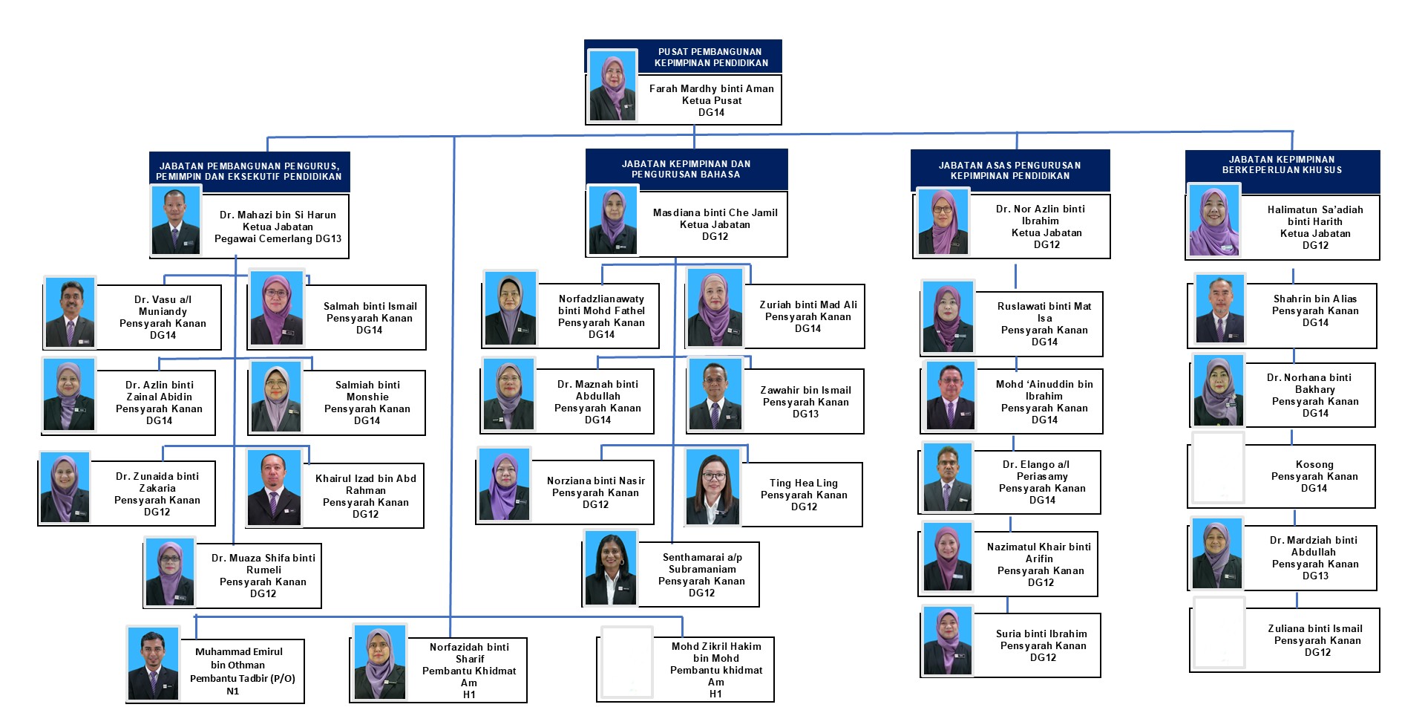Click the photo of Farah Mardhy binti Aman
coord(612,86)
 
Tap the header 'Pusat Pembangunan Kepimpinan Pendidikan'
coord(711,57)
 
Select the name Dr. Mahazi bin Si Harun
coord(278,215)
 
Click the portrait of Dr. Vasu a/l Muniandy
coord(70,313)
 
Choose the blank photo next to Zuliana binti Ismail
coord(1219,634)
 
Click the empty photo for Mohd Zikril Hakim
coord(626,662)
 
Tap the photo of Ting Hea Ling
coord(712,487)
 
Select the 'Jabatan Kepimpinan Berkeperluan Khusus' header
coord(1282,165)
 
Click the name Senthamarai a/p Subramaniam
coord(701,563)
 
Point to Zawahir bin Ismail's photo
coord(715,394)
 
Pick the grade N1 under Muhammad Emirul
coord(233,691)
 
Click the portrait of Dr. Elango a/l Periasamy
coord(948,478)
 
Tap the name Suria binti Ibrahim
coord(1041,634)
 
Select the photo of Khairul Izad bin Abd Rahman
coord(274,488)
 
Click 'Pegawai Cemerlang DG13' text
coord(278,238)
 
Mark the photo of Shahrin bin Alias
coord(1220,310)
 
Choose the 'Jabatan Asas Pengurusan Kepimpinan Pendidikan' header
coord(1009,171)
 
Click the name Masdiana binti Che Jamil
coord(715,212)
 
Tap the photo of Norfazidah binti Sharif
coord(380,662)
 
